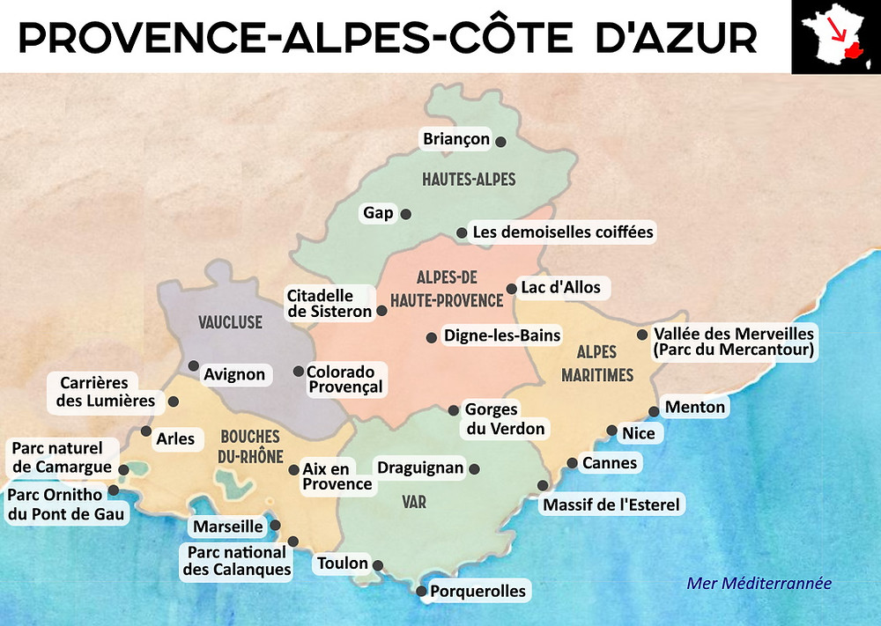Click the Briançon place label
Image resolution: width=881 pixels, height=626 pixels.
coord(455,139)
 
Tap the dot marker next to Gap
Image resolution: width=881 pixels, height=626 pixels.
coord(406,213)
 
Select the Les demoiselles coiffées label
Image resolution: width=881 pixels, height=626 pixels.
coord(563,232)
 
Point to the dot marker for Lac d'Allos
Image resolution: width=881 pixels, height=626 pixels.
coord(512,288)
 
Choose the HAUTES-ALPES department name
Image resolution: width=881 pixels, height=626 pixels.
coord(469,180)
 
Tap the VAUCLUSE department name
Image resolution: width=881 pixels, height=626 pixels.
coord(231,322)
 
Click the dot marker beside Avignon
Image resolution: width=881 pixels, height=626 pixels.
coord(193,365)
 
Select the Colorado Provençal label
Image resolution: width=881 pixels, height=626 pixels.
coord(344,379)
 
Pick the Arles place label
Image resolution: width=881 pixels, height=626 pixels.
coord(174,438)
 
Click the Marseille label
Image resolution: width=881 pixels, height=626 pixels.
coord(227,527)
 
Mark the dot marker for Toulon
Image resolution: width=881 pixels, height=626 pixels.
coord(378,565)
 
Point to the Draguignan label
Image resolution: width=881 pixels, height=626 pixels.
coord(420,468)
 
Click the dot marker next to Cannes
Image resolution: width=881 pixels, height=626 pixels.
coord(573,463)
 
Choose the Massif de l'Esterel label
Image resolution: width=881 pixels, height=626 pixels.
coord(611,504)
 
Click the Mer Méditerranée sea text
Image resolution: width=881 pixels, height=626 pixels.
coord(759,583)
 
